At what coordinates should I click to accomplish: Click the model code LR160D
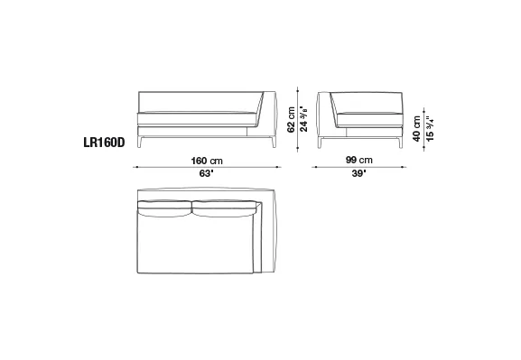point(104,143)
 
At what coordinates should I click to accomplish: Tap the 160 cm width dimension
point(207,162)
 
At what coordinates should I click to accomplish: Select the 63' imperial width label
point(207,173)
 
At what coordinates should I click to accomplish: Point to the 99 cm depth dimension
point(359,160)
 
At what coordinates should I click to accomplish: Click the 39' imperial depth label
point(359,173)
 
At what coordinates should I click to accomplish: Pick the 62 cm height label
point(291,120)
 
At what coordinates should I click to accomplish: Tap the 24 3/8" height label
point(304,119)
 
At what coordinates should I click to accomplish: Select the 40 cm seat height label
point(416,129)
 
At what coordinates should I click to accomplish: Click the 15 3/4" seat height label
point(430,129)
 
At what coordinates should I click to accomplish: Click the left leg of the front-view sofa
point(139,142)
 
